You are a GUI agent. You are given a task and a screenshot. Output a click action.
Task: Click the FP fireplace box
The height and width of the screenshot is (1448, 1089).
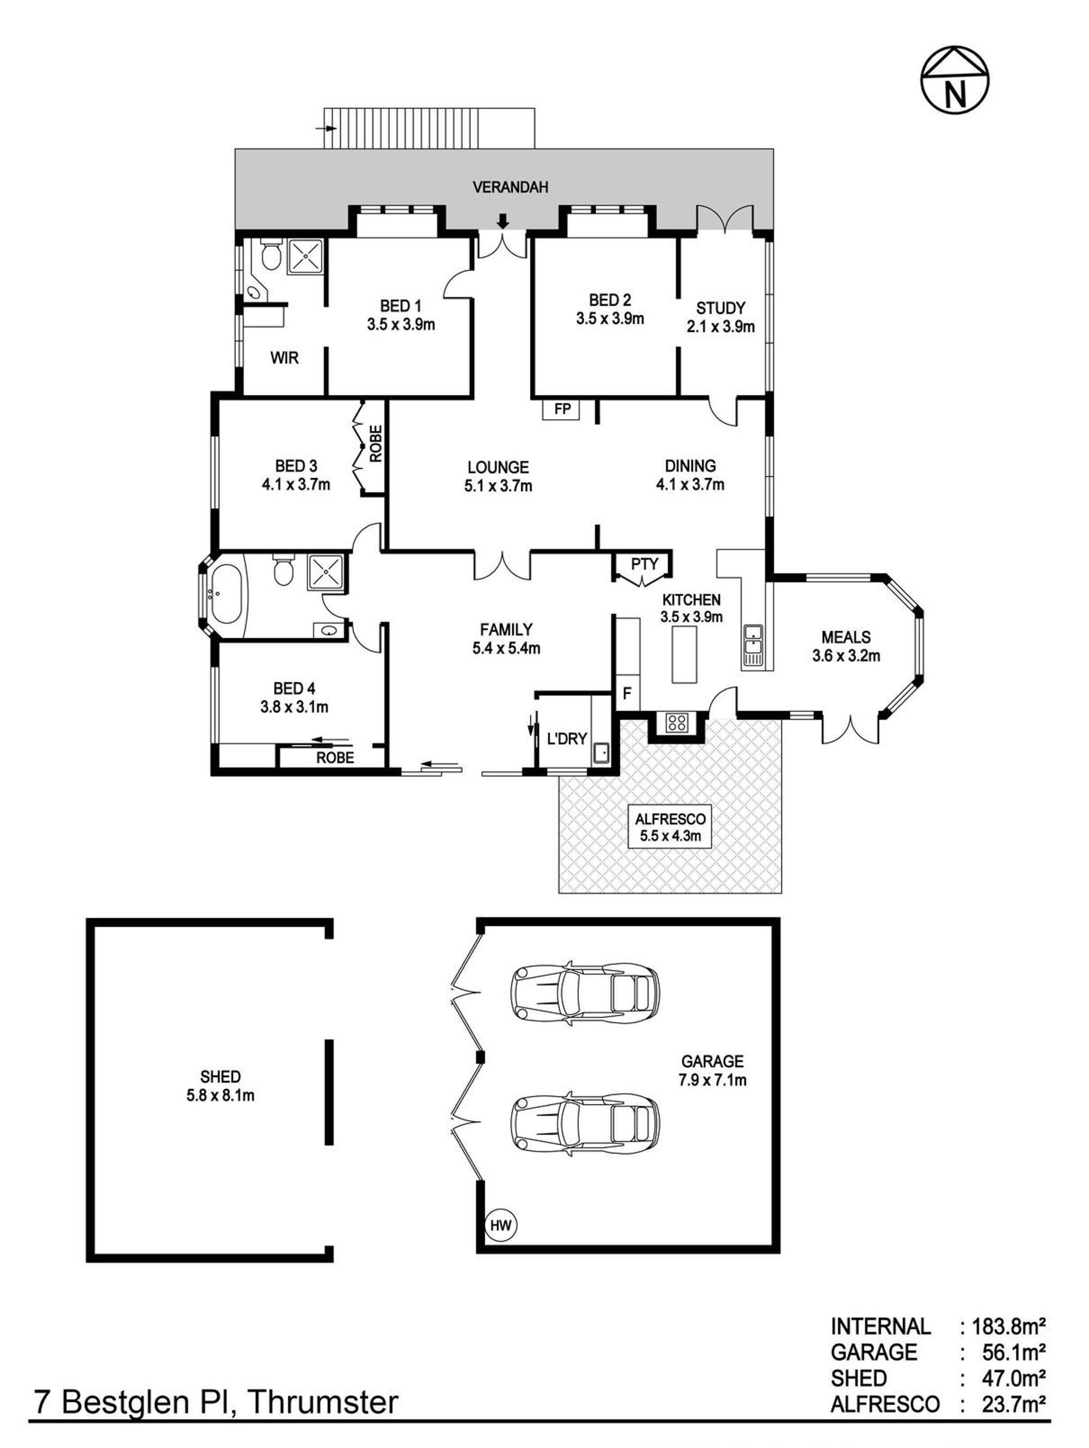[x=561, y=410]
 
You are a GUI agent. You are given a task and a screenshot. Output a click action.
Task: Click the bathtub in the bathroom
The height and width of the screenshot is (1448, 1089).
[x=226, y=595]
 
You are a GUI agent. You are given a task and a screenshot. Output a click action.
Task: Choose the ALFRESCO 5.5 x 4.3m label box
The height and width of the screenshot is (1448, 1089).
[x=670, y=827]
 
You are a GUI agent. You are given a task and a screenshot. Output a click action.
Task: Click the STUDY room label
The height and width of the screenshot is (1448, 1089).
[x=720, y=308]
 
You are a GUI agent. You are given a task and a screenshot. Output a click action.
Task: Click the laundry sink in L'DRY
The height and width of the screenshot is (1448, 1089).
[x=599, y=752]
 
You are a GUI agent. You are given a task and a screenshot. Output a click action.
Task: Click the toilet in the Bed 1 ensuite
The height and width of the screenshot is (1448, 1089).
[x=270, y=255]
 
